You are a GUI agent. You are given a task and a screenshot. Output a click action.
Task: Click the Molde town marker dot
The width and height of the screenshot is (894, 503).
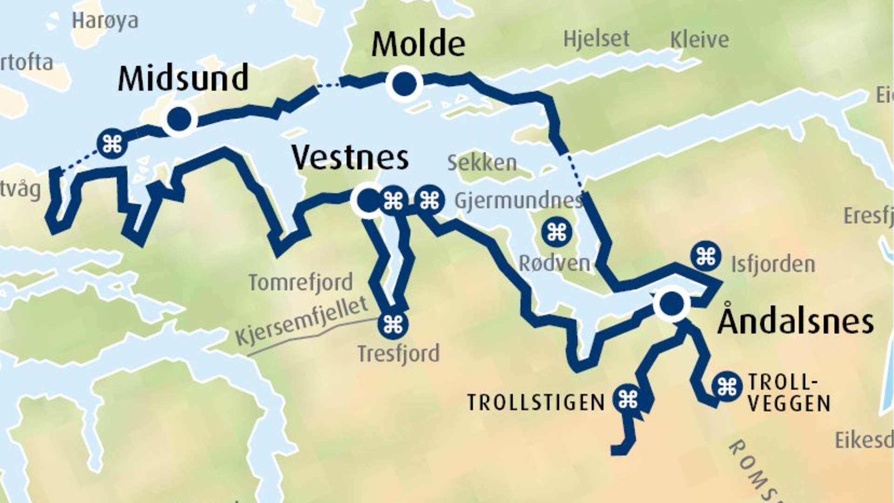(404, 84)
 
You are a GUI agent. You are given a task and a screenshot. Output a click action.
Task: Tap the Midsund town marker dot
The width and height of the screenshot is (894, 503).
(179, 119)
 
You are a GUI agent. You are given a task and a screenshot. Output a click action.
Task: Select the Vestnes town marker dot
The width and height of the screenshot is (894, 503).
(368, 200)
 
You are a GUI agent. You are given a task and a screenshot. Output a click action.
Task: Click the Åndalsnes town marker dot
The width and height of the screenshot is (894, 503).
(671, 303)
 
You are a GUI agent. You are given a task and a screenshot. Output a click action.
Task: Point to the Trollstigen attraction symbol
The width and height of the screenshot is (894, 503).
(628, 399)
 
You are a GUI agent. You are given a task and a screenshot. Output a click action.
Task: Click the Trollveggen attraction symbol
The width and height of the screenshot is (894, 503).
(726, 386)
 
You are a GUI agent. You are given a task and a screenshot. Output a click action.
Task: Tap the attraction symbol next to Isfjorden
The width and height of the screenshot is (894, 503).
(706, 256)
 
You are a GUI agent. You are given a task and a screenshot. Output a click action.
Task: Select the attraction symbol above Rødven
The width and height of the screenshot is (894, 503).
(556, 232)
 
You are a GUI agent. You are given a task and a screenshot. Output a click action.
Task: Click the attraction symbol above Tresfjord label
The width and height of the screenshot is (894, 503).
(393, 324)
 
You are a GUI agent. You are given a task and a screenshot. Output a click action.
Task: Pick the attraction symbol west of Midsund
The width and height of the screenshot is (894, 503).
(112, 144)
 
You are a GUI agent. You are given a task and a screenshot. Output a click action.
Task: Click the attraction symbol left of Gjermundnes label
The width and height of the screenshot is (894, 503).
(429, 200)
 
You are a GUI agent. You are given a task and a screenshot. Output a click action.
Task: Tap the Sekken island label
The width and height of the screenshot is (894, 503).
(481, 163)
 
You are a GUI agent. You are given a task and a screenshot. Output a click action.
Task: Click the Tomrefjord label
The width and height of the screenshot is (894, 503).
(300, 282)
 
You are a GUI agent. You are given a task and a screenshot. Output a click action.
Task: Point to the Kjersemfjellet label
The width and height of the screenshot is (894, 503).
(302, 321)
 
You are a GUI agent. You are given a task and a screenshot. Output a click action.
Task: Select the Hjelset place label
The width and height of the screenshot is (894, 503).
(596, 39)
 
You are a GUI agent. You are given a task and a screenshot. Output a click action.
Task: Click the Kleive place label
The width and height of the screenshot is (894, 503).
(699, 40)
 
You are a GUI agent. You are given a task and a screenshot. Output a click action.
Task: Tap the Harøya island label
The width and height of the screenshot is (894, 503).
(105, 20)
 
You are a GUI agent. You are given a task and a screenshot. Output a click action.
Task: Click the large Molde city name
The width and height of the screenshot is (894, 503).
(418, 44)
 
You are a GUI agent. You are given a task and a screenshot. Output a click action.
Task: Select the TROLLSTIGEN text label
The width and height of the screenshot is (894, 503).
(535, 402)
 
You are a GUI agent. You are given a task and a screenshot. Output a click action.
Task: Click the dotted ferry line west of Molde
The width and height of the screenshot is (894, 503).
(329, 85)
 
